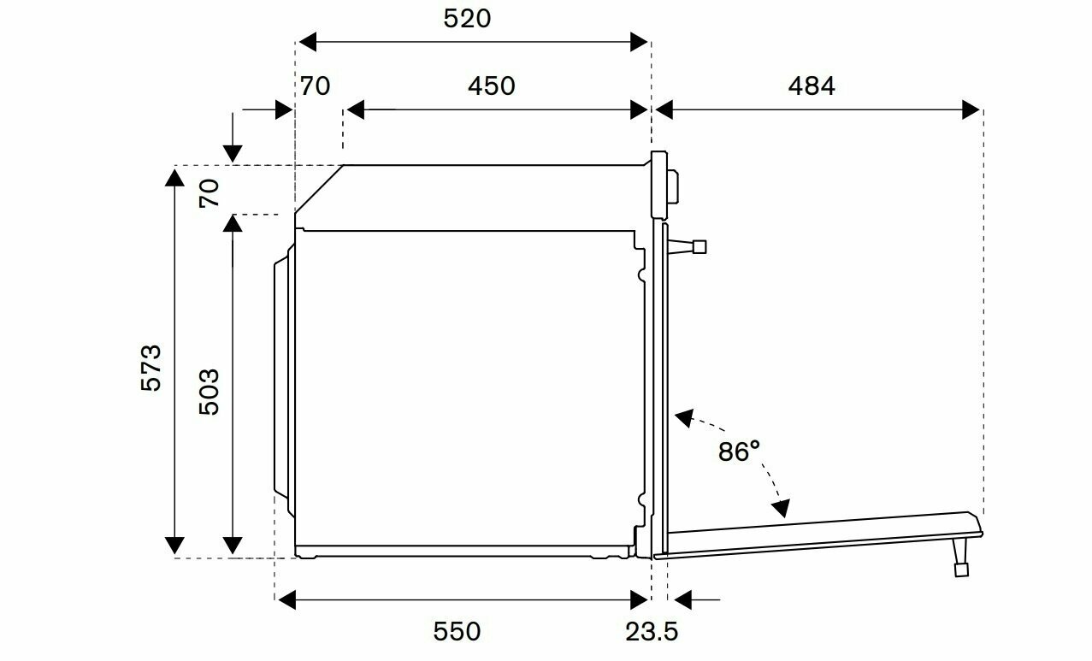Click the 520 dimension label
pos(467,19)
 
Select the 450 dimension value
pos(492,86)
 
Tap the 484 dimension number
pos(812,86)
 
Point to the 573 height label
pos(151,368)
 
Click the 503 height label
pos(210,392)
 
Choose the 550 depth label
pos(457,632)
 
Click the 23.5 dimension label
pos(652,632)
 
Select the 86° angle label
pos(739,451)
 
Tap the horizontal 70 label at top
pos(315,86)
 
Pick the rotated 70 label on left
pos(210,193)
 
